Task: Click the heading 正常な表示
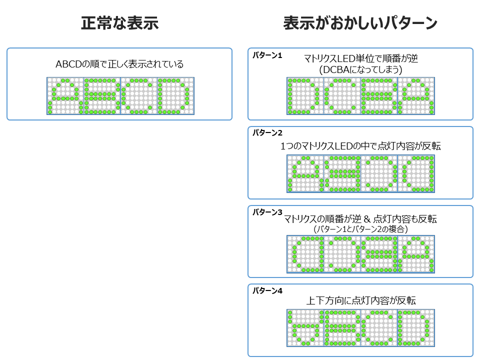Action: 119,23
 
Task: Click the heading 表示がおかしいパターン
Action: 360,23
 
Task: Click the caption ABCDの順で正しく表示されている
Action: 119,64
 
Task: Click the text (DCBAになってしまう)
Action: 360,69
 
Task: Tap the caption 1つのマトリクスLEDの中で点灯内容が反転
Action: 360,146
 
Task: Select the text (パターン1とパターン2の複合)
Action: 360,229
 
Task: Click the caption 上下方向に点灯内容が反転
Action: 360,301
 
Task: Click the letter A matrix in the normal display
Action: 65,96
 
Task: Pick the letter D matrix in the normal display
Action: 176,96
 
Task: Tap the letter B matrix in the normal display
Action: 102,96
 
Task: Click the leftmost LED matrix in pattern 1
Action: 305,96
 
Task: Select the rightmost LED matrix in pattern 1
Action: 416,96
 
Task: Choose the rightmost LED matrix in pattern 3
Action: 416,254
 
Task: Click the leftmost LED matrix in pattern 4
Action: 305,328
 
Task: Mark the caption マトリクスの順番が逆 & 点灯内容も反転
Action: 360,219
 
